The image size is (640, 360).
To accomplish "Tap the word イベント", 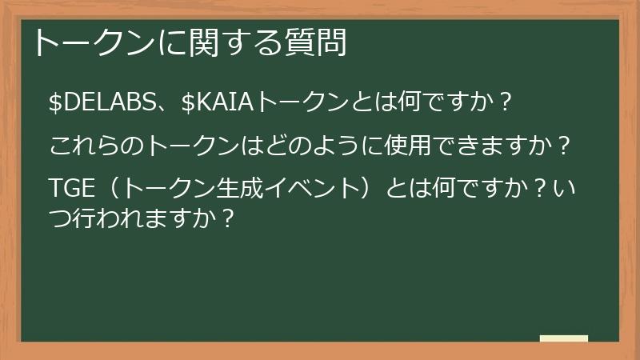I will (310, 190).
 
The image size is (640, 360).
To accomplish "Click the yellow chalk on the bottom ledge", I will (563, 338).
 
